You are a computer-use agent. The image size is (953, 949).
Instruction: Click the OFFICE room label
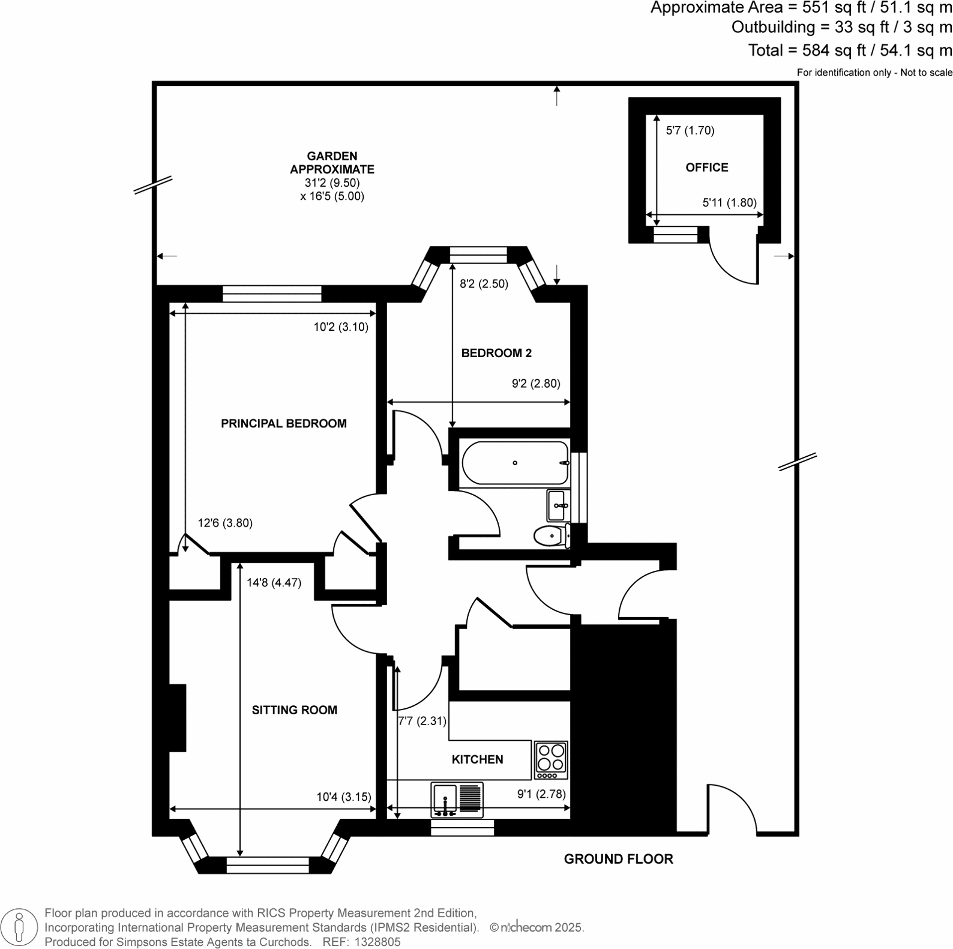707,167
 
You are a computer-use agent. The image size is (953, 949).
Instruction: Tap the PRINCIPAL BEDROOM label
284,424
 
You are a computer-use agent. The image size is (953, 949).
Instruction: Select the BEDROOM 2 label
496,353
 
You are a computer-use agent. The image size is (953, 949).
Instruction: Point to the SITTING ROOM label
295,710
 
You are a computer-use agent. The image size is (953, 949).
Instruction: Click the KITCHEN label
478,759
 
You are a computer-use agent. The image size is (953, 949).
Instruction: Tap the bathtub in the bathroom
516,463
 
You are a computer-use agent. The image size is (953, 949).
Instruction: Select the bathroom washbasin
558,505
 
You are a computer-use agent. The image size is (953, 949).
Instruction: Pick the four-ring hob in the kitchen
551,759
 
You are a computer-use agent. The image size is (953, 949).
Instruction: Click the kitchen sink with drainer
457,800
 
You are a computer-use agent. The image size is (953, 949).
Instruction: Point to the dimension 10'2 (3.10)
341,327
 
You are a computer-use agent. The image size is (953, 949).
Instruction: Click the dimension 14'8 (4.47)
274,582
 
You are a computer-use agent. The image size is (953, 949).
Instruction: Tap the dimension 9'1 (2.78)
541,794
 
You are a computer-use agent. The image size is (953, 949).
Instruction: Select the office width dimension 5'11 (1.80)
729,203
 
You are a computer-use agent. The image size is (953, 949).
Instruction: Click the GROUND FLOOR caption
619,859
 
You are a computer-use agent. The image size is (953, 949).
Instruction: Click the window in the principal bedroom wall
272,294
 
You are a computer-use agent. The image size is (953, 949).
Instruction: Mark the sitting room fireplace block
177,717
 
